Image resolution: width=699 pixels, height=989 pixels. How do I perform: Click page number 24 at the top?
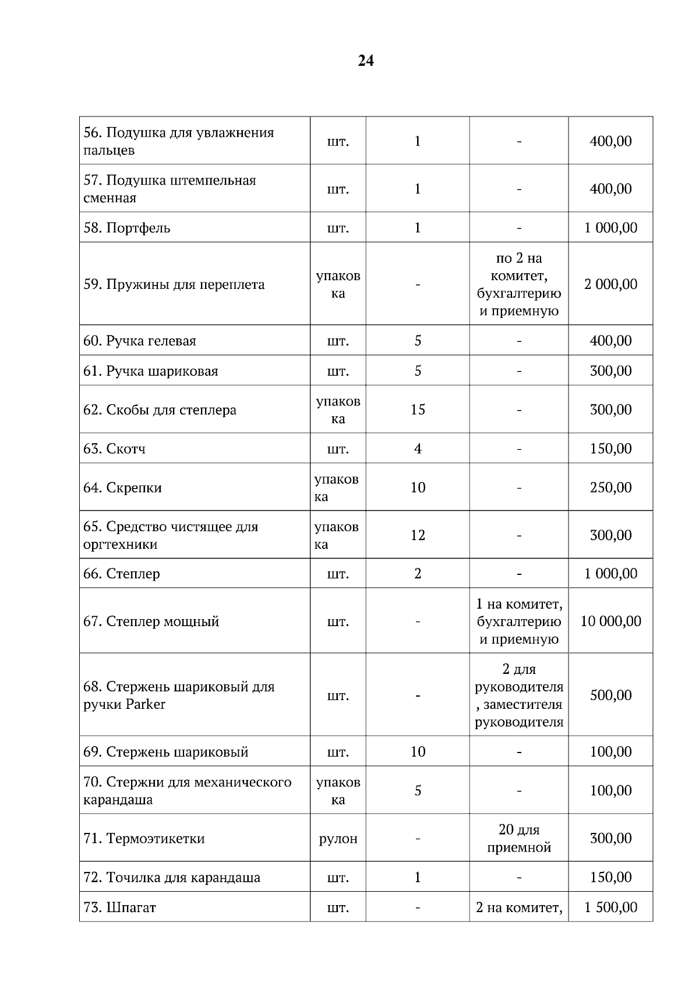(365, 61)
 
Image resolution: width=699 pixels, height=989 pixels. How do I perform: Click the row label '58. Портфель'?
(127, 228)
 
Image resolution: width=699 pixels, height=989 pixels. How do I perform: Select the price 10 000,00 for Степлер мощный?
(610, 621)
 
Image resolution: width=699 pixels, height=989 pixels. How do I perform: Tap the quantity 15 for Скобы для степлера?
(418, 409)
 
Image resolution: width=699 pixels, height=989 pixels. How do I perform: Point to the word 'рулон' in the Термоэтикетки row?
(338, 839)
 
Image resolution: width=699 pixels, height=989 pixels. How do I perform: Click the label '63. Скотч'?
(115, 448)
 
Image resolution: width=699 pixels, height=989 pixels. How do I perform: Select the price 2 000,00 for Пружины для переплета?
(610, 284)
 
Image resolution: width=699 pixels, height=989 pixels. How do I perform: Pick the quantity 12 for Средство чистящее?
(418, 535)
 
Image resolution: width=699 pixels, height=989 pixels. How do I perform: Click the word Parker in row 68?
(145, 704)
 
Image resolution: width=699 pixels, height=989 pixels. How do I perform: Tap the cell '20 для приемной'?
(518, 838)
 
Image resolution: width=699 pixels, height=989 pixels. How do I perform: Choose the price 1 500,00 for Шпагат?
(610, 907)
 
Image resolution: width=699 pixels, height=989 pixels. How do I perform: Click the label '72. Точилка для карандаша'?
(172, 877)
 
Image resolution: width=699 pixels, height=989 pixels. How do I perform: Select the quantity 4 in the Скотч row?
(418, 448)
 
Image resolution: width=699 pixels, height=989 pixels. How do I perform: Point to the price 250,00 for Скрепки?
(610, 488)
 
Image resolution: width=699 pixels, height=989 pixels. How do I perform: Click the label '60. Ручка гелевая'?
(140, 341)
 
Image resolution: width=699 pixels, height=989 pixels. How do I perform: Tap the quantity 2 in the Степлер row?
(418, 574)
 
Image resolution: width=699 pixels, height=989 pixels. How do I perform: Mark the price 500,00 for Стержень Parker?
(610, 695)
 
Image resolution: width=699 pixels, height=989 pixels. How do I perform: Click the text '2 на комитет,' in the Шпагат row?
(518, 907)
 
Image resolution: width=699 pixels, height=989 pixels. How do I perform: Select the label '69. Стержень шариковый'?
(166, 752)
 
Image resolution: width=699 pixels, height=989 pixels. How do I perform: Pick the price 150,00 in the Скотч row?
(610, 448)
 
